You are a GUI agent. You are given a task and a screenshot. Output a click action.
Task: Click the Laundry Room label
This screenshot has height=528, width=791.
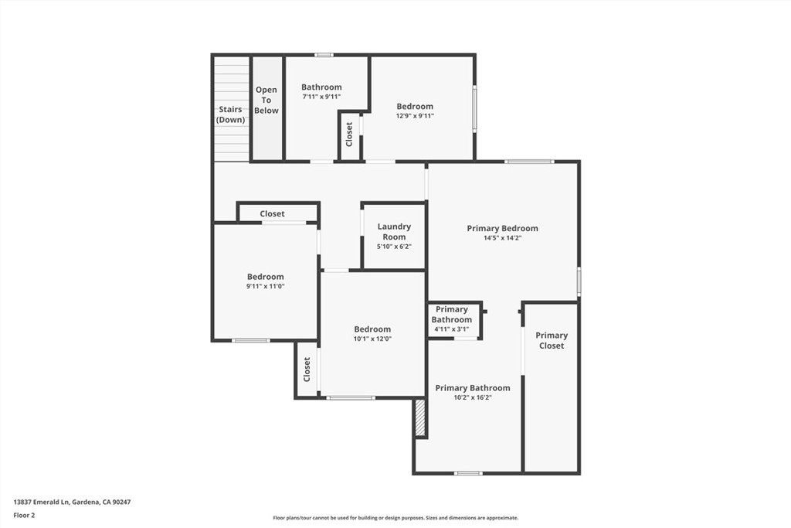(x=394, y=231)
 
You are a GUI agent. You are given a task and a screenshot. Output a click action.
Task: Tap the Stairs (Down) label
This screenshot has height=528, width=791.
(x=230, y=114)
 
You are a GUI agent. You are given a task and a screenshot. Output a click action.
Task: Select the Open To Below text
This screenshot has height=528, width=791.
(x=266, y=100)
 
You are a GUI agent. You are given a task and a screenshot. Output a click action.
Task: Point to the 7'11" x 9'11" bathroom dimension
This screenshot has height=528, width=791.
(x=321, y=97)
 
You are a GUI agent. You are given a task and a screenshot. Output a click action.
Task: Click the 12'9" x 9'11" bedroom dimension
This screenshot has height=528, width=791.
(x=415, y=116)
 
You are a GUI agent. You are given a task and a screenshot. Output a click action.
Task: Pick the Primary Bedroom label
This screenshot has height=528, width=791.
(x=502, y=228)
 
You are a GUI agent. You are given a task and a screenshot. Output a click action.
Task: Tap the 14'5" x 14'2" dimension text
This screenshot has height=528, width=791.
(x=502, y=238)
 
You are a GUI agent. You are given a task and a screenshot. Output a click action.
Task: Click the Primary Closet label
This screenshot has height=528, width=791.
(x=552, y=340)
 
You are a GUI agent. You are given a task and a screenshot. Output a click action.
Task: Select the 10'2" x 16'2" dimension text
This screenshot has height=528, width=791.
(x=473, y=397)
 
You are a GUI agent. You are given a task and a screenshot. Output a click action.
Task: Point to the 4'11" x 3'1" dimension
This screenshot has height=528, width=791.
(x=452, y=329)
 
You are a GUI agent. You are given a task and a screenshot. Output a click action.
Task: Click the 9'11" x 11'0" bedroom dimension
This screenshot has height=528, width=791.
(x=266, y=286)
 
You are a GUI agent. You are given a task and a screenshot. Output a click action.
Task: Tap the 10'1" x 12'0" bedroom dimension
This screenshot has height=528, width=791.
(x=372, y=339)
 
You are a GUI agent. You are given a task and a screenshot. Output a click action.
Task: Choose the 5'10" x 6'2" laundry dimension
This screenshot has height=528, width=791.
(x=394, y=247)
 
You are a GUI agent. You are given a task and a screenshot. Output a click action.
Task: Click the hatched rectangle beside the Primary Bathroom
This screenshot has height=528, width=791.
(x=420, y=418)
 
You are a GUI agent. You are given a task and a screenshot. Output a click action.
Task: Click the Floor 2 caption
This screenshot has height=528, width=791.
(x=24, y=515)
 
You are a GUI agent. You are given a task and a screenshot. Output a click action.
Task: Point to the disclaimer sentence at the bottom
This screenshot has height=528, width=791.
(x=395, y=518)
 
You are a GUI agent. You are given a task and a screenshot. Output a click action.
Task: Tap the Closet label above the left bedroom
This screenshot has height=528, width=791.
(x=272, y=213)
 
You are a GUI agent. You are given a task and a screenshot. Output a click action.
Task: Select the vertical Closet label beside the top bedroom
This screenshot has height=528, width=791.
(x=349, y=135)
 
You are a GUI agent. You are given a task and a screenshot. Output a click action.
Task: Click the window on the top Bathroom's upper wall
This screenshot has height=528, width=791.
(x=324, y=55)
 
